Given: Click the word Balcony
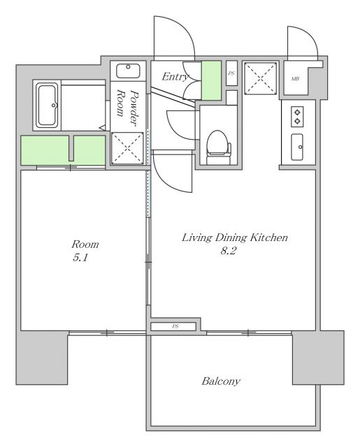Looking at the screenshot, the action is pyautogui.click(x=221, y=381).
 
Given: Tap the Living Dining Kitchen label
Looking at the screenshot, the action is pyautogui.click(x=234, y=237).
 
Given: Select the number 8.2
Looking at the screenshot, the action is pyautogui.click(x=229, y=251).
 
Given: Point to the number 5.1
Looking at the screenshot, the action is pyautogui.click(x=80, y=258).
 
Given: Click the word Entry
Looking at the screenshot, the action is pyautogui.click(x=175, y=76).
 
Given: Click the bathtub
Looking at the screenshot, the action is pyautogui.click(x=48, y=105).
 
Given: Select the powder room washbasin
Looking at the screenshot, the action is pyautogui.click(x=129, y=71).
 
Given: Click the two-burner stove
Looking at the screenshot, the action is pyautogui.click(x=297, y=117).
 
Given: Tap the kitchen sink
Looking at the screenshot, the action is pyautogui.click(x=297, y=147).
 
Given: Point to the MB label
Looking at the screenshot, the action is pyautogui.click(x=295, y=78).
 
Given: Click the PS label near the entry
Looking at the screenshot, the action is pyautogui.click(x=231, y=73).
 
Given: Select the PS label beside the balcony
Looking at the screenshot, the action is pyautogui.click(x=175, y=326).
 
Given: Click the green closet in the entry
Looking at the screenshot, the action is pyautogui.click(x=211, y=80).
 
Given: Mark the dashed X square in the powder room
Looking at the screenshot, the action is pyautogui.click(x=127, y=148).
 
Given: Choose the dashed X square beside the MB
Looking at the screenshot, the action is pyautogui.click(x=261, y=78).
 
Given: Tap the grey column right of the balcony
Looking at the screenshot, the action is pyautogui.click(x=318, y=358).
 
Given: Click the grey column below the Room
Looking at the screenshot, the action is pyautogui.click(x=42, y=358).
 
